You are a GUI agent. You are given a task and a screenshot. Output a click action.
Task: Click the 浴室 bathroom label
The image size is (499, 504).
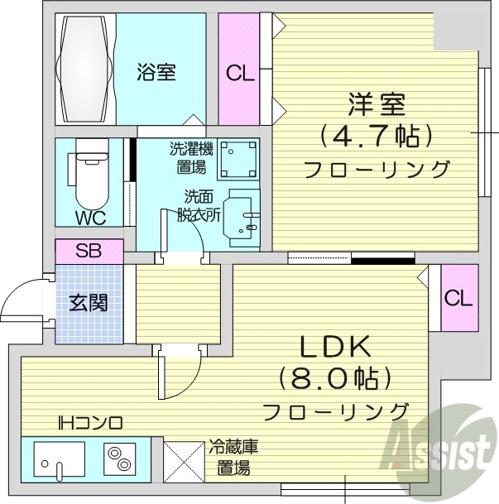point(156,72)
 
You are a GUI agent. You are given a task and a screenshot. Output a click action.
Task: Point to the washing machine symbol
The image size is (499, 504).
point(238,159)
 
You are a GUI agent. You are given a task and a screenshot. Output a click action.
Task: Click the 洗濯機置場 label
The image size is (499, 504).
point(192,158)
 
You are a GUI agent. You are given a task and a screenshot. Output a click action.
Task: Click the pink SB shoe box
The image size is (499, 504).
point(89,251)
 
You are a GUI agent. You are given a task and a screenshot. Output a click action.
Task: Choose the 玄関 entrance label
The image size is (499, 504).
point(88,303)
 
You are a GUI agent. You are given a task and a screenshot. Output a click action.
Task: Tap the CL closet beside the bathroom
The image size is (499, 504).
point(240,73)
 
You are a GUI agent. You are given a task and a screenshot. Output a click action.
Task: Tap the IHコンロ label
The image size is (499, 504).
point(90,423)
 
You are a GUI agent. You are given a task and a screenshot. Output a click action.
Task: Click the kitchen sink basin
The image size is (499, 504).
point(59,458)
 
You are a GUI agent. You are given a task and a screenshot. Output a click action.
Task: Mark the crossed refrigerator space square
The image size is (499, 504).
point(184,460)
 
